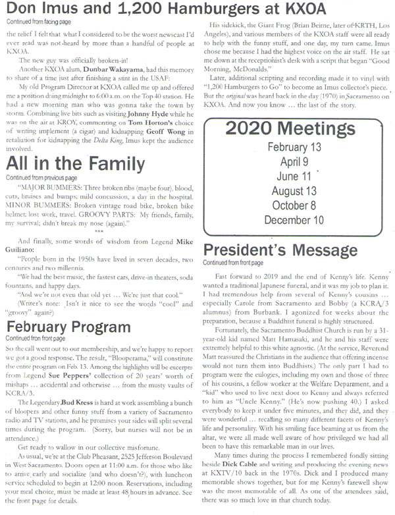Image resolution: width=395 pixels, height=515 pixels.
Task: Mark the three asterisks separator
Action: (x=98, y=230)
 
